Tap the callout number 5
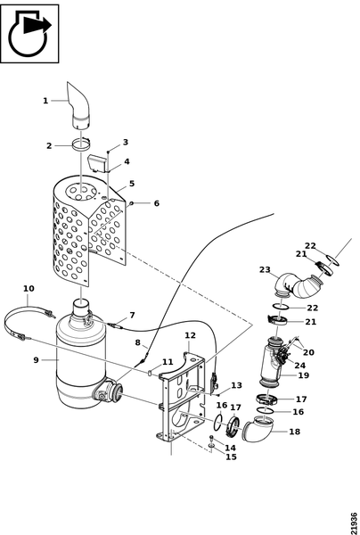pos(132,184)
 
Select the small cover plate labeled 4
pos(97,162)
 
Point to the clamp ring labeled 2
pos(81,144)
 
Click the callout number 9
pos(36,359)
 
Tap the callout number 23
pos(265,269)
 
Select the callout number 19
pos(303,375)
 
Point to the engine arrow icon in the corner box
pos(29,34)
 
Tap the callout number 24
pos(300,366)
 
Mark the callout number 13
pos(236,385)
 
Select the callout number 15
pos(231,457)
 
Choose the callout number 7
pos(132,315)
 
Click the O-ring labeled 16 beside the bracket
pos(218,422)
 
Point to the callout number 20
pos(308,352)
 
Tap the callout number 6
pos(157,203)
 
